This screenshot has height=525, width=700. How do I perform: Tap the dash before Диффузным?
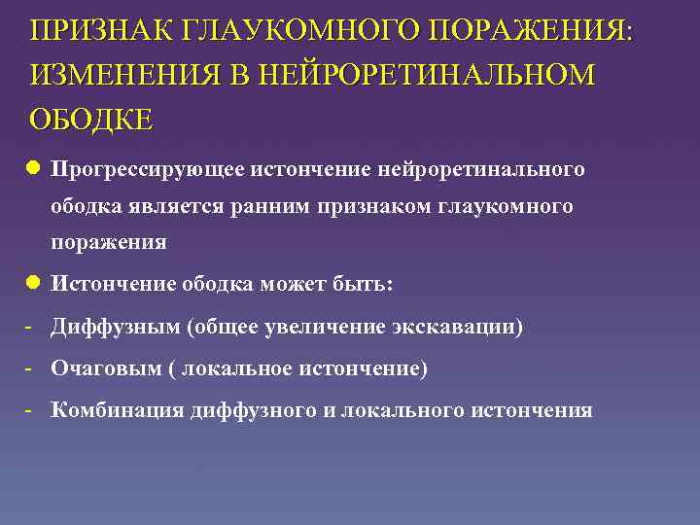click(x=31, y=326)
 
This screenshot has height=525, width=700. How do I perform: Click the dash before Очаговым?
click(x=31, y=368)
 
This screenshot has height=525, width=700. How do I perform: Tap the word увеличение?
click(x=326, y=327)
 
